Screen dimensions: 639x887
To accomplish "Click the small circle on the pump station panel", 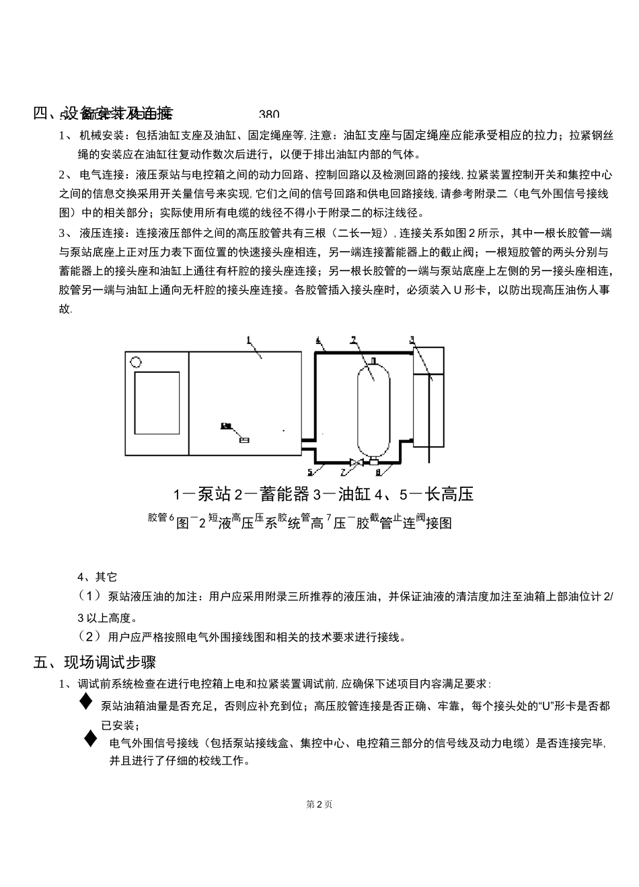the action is pos(137,361).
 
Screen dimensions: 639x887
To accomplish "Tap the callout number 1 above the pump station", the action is pos(248,340).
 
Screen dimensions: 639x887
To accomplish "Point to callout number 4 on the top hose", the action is pos(318,341).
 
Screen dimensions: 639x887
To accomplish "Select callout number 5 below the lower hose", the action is pos(310,472).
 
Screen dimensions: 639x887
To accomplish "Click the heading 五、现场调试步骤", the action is pos(95,662).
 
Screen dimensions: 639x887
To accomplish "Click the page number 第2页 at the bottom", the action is pos(319,804).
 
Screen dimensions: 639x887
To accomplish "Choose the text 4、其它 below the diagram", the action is pos(98,577).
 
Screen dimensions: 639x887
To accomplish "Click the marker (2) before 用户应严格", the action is pos(90,636).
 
